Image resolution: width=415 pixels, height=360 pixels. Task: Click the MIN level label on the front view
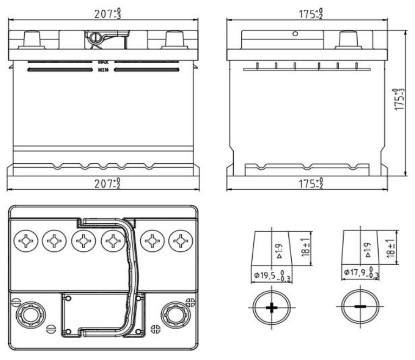[103, 70]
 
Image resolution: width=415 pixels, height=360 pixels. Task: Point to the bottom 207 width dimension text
[107, 184]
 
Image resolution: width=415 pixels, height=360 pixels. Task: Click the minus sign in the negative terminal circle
[359, 307]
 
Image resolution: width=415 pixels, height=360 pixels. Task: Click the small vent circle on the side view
[295, 34]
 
